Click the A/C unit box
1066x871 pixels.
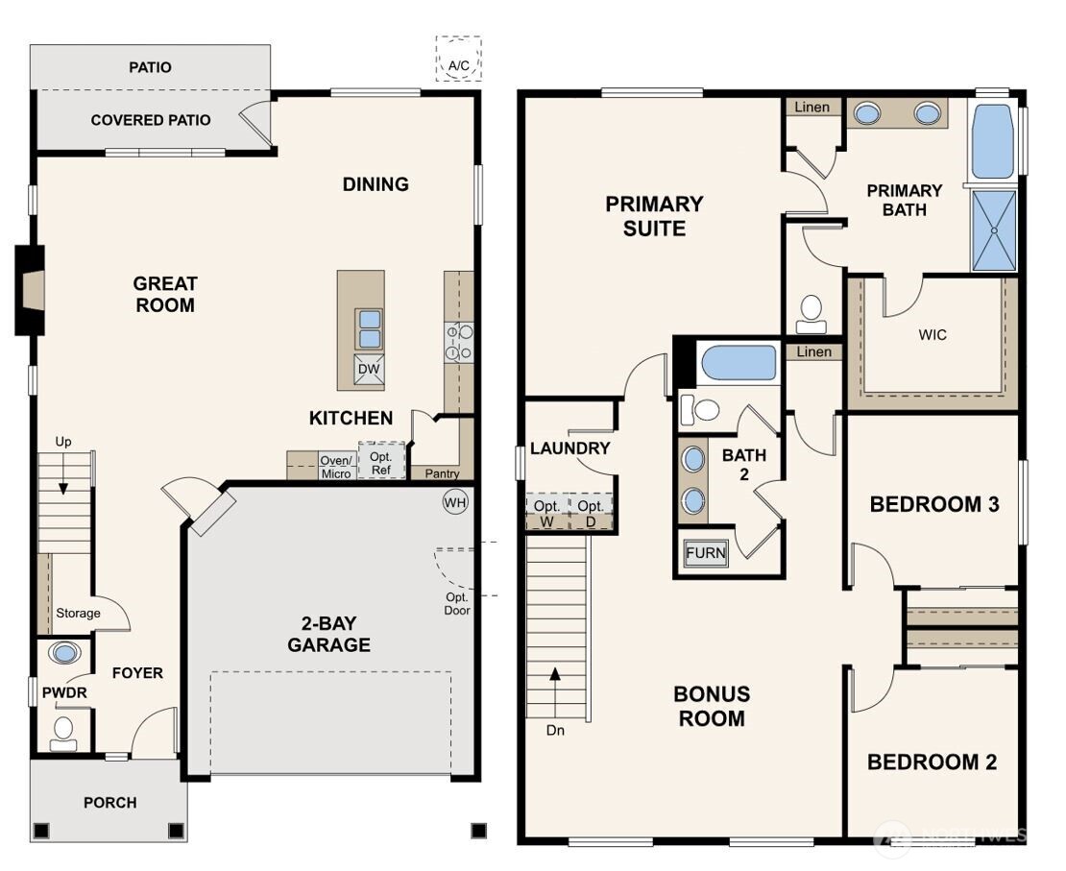(458, 59)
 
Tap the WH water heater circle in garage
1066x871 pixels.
(454, 501)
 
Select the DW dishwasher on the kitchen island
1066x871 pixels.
(369, 370)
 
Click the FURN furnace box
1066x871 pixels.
(706, 553)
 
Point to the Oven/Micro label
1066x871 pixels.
(335, 467)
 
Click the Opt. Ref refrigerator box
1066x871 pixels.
(380, 461)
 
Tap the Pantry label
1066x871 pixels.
(442, 473)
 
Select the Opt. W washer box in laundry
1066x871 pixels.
(546, 513)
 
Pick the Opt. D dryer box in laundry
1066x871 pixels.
(591, 513)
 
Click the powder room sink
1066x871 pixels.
(64, 654)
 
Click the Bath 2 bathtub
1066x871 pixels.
(739, 364)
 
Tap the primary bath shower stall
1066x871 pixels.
(994, 230)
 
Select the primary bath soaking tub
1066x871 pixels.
(993, 142)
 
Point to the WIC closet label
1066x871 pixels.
(933, 335)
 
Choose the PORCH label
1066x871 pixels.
(109, 803)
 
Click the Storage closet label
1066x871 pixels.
(78, 613)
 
